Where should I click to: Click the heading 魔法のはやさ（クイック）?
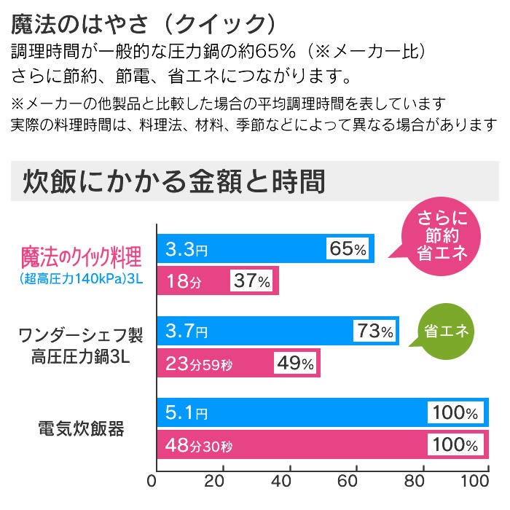[144, 24]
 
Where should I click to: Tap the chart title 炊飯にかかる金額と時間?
[174, 181]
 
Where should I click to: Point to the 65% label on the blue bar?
[348, 249]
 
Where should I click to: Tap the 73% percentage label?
[375, 331]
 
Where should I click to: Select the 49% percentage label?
[295, 363]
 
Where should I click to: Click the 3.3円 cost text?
[187, 249]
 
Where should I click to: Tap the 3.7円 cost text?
[187, 331]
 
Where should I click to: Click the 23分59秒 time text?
[200, 363]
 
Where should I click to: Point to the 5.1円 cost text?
[187, 413]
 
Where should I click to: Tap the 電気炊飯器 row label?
[80, 428]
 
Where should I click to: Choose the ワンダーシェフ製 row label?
[80, 336]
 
